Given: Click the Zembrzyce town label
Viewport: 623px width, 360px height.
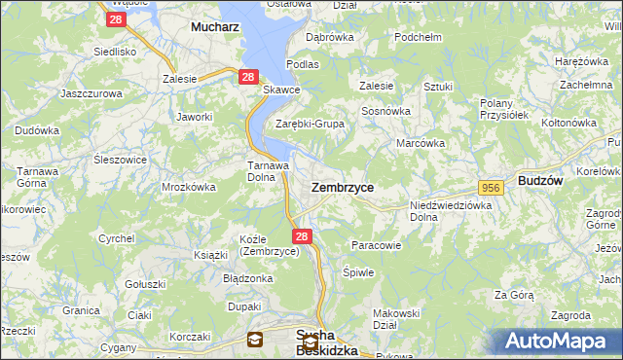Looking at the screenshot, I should (342, 186).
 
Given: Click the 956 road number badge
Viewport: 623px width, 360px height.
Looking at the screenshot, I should (490, 187).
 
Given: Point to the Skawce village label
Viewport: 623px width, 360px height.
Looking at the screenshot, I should (281, 90).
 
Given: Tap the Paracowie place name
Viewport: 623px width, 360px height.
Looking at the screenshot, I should (376, 245).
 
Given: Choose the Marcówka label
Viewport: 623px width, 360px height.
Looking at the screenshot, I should (421, 143).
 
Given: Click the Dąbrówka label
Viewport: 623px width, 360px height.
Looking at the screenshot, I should (329, 37).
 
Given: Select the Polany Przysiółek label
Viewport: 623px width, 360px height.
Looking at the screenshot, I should (504, 108).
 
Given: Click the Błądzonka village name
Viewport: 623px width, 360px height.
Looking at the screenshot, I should (247, 277).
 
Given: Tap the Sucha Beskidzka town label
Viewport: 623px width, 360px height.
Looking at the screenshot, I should (326, 342).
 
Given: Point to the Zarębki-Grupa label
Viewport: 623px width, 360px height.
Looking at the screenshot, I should (311, 124).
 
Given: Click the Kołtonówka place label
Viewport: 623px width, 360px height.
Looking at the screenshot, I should (568, 123).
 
